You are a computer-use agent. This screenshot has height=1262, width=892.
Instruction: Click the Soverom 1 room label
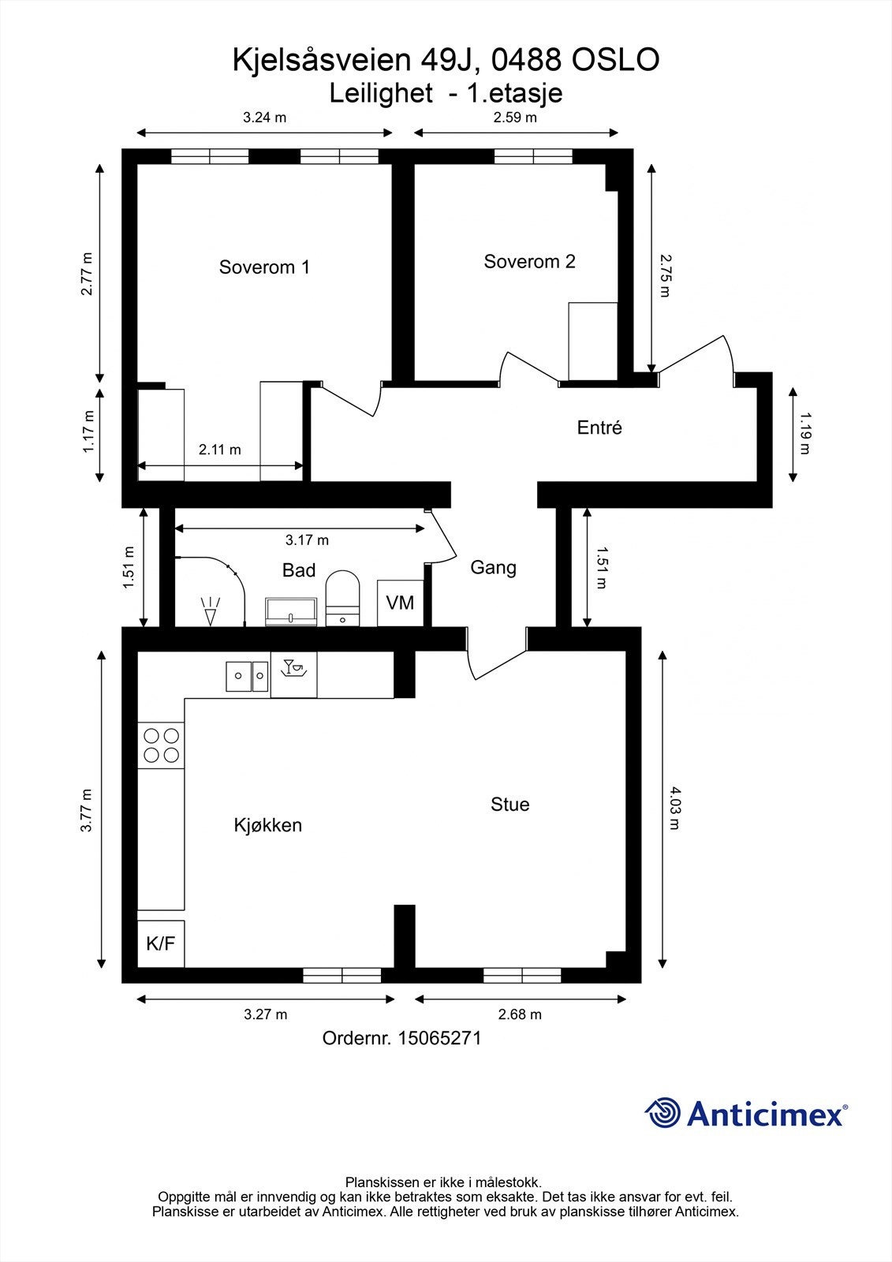(x=264, y=267)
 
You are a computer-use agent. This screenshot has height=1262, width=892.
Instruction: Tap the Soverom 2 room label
(x=529, y=262)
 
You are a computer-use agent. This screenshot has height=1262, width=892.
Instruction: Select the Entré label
(x=599, y=428)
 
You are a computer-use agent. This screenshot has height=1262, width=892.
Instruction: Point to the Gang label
(x=493, y=567)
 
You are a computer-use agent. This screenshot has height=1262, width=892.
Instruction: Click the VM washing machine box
(x=400, y=603)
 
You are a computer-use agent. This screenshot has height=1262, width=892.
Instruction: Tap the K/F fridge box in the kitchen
(x=161, y=943)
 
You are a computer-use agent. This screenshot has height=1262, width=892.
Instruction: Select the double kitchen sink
(x=248, y=676)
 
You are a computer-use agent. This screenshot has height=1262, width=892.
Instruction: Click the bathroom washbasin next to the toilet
(x=291, y=611)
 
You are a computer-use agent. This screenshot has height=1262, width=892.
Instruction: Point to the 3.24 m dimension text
(x=264, y=118)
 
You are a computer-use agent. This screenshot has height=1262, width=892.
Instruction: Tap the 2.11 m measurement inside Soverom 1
(x=219, y=450)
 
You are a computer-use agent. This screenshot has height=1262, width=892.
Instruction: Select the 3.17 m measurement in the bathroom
(x=307, y=540)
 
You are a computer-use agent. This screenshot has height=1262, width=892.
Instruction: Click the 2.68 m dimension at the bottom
(x=520, y=1014)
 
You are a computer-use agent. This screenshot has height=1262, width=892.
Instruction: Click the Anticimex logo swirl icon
(x=663, y=1113)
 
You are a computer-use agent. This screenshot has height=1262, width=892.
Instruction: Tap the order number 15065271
(x=439, y=1038)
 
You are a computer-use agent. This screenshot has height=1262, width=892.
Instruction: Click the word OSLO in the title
(x=615, y=61)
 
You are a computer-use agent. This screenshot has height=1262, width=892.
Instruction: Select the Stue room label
(x=509, y=805)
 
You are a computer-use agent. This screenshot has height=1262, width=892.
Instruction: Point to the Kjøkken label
(x=267, y=826)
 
